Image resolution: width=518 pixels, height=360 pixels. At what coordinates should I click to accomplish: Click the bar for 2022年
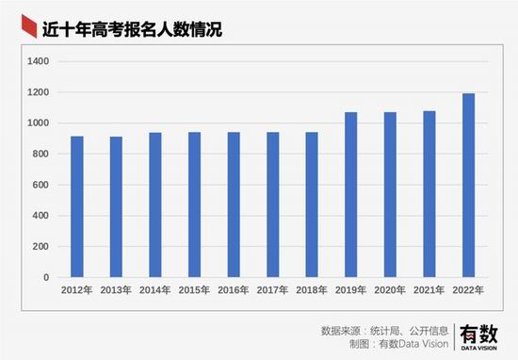[x=468, y=185]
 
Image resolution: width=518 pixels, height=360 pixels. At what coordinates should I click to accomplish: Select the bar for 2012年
[x=77, y=206]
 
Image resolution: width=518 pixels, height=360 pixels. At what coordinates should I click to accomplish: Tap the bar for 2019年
[x=351, y=195]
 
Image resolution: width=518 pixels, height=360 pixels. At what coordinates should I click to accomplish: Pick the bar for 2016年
[x=234, y=205]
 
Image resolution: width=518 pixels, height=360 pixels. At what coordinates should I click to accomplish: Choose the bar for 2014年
[x=155, y=205]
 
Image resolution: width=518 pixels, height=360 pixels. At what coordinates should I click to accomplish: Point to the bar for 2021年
[x=429, y=194]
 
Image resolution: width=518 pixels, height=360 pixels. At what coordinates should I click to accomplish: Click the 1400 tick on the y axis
[x=38, y=61]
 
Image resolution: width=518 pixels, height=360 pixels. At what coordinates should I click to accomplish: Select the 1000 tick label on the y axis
[x=38, y=123]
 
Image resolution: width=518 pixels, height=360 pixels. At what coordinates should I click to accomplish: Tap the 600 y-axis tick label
[x=40, y=185]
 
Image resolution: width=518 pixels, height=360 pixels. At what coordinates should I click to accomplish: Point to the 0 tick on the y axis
[x=46, y=277]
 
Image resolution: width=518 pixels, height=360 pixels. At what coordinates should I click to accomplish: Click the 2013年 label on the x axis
[x=116, y=290]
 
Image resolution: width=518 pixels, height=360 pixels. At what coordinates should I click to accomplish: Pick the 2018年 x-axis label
[x=312, y=290]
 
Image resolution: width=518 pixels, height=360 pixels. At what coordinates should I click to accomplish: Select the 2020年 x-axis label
[x=390, y=290]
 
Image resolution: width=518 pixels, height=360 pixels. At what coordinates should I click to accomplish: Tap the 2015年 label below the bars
[x=194, y=290]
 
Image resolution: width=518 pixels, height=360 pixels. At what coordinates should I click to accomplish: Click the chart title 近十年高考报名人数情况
[x=132, y=29]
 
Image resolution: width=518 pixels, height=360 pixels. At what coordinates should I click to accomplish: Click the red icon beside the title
[x=29, y=26]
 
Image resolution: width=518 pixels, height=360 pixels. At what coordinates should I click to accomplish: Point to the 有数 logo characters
[x=478, y=334]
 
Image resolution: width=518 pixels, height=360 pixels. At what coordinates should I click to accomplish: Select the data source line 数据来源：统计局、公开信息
[x=384, y=331]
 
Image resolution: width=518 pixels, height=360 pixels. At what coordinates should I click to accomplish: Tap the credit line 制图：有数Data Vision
[x=399, y=344]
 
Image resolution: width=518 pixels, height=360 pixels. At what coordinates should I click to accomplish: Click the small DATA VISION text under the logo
[x=478, y=348]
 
